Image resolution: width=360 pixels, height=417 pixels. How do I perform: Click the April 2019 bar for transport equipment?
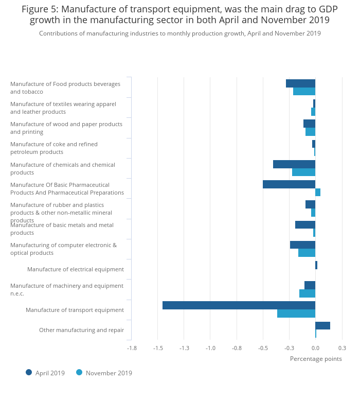239,305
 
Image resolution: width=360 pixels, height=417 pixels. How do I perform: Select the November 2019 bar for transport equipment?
296,314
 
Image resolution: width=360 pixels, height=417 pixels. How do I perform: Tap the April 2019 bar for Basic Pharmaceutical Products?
289,184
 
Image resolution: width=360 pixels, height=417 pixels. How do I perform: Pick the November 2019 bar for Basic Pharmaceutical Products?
318,192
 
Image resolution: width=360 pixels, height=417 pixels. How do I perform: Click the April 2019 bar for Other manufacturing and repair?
322,325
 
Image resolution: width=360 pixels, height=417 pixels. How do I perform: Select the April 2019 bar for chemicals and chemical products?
294,164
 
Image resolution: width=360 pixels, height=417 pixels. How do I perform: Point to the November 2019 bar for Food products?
304,91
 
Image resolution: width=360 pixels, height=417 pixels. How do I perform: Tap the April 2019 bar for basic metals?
305,224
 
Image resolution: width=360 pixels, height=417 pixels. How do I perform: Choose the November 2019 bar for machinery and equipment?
307,293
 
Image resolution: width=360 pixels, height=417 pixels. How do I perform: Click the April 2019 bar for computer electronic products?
302,245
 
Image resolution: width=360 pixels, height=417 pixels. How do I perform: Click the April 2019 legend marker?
29,372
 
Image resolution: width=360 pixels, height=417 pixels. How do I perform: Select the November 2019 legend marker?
79,372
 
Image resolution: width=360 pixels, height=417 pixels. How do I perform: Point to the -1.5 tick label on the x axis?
158,348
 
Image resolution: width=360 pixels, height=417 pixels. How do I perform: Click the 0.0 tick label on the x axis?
315,348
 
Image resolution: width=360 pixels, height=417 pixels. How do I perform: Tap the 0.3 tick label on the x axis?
342,348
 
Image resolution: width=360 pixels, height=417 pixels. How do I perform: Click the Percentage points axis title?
316,359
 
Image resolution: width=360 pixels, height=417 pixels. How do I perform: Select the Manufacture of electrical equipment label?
76,269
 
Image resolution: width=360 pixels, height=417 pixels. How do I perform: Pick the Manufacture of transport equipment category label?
75,310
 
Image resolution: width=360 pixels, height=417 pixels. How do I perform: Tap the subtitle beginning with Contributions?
180,33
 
